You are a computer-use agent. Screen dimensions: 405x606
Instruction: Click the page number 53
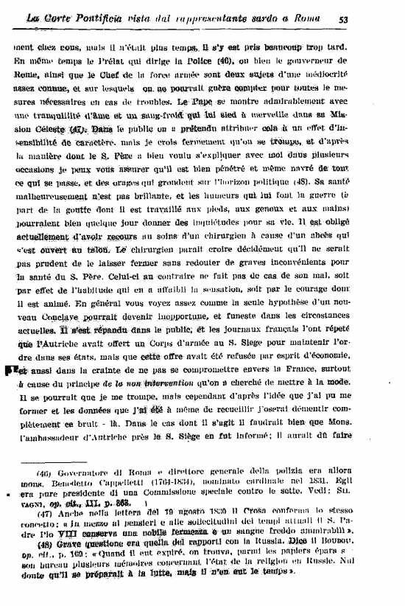[x=385, y=18]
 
